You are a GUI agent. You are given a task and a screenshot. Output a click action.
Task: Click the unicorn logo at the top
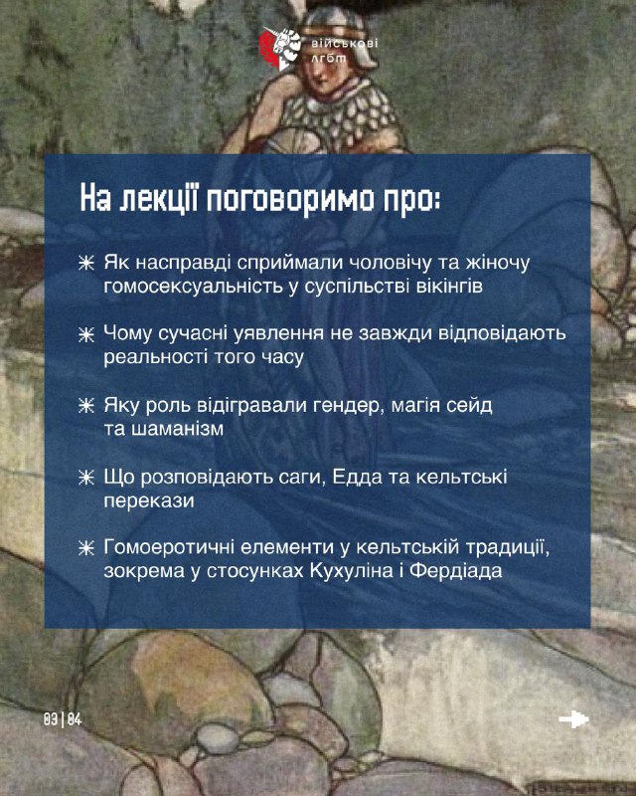tap(279, 49)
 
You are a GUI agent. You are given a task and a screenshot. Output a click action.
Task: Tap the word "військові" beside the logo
tap(345, 43)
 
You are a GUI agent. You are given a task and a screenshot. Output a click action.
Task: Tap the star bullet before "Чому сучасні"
tap(86, 335)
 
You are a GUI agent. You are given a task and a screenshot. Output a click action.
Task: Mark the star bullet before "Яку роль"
tap(86, 406)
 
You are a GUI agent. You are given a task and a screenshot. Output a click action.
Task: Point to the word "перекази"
tap(149, 500)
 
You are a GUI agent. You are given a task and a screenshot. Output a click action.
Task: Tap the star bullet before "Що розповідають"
tap(86, 478)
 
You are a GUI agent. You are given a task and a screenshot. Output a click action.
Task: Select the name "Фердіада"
tap(456, 571)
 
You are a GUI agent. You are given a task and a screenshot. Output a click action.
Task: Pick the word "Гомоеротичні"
tap(169, 547)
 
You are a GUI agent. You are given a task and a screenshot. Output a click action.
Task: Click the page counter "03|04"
tap(63, 719)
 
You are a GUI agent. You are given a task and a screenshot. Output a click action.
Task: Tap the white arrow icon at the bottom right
tap(573, 719)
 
